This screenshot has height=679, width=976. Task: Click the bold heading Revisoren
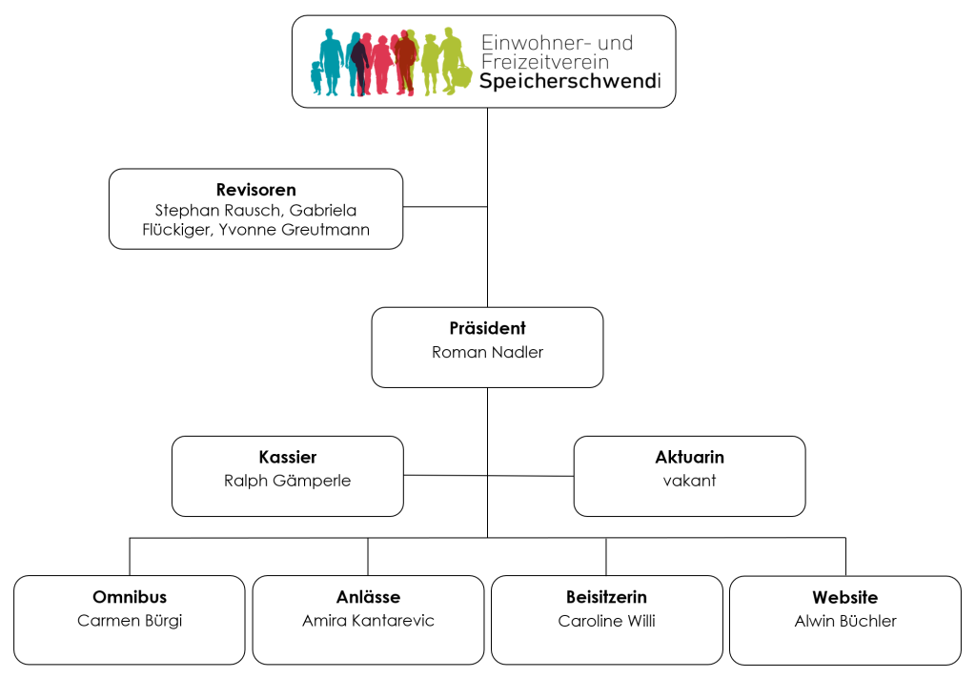(255, 190)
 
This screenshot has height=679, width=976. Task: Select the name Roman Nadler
(487, 352)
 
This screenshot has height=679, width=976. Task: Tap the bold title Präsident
(487, 328)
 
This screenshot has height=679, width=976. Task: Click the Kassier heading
(287, 457)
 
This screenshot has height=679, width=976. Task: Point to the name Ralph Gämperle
(287, 481)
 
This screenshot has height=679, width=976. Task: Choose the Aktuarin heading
(689, 457)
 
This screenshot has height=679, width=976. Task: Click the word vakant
(689, 481)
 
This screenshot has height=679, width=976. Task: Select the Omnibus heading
(130, 597)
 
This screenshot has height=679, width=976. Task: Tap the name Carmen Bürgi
(130, 621)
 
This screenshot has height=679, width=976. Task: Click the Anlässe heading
(368, 597)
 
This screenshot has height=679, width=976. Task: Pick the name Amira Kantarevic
(368, 621)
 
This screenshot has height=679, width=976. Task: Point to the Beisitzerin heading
(606, 597)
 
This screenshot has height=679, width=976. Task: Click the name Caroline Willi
(606, 621)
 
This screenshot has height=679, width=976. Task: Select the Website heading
(844, 597)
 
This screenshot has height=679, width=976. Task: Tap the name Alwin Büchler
(844, 621)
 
